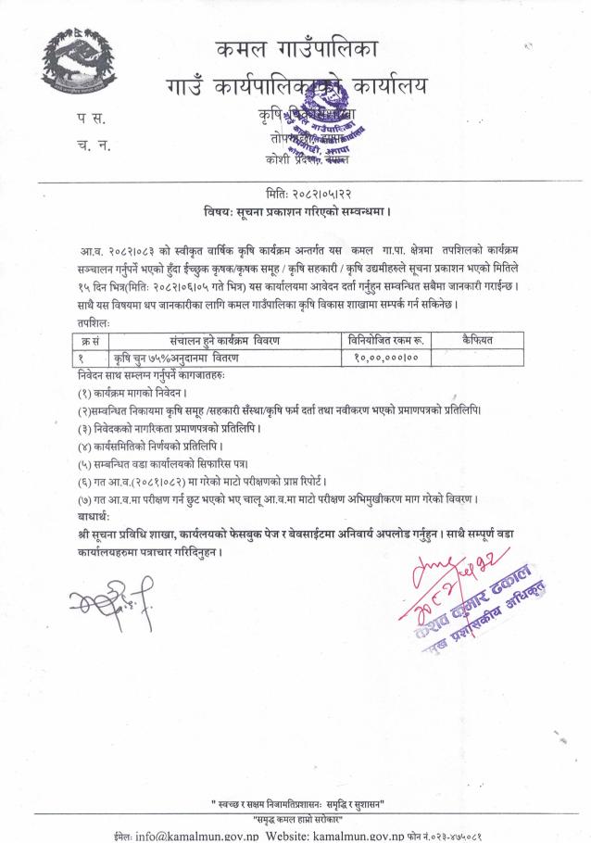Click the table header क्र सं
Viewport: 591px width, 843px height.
coord(89,341)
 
